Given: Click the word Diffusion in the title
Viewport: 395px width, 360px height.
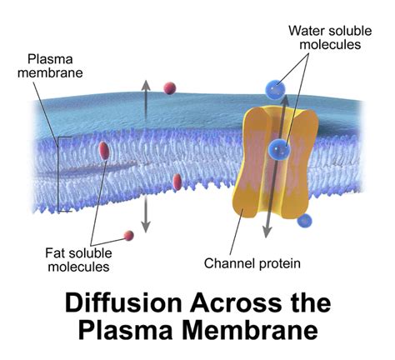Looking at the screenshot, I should (x=119, y=302).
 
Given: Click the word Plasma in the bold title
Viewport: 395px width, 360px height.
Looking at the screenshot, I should (x=128, y=329).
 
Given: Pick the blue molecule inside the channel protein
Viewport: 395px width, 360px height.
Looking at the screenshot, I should (x=277, y=150).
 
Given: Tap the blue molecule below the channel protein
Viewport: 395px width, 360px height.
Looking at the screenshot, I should (x=305, y=222).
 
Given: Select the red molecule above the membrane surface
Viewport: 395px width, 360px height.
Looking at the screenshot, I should (x=169, y=87).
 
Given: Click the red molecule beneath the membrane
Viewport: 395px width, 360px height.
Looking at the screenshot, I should (x=128, y=236).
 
